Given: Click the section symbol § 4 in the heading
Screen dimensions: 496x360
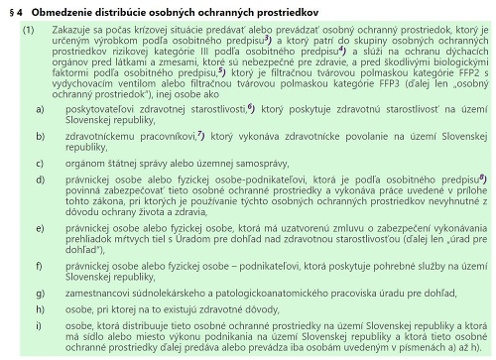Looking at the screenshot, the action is point(13,10).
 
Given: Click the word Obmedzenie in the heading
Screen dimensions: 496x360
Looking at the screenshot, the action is point(58,10).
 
